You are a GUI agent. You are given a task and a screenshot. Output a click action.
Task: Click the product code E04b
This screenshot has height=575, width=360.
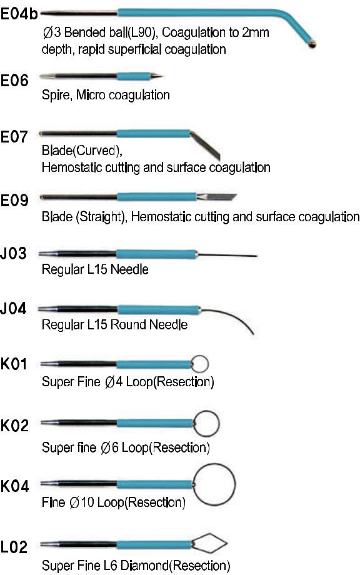(x=19, y=14)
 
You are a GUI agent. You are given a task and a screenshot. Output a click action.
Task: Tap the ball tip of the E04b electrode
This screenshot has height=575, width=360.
(x=312, y=44)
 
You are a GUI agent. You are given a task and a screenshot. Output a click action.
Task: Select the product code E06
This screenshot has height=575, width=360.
(x=14, y=80)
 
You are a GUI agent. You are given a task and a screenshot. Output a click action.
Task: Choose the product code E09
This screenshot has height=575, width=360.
(x=14, y=200)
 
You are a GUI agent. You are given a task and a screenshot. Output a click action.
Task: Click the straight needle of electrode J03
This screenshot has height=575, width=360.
(x=227, y=255)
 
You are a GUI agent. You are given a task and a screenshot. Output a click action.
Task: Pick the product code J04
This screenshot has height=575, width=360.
(x=14, y=308)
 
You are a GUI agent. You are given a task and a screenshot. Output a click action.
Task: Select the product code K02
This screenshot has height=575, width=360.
(x=14, y=426)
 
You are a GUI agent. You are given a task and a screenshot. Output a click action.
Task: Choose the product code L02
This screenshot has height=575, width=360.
(x=14, y=547)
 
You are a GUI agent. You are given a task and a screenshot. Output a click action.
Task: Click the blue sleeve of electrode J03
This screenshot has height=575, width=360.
(x=157, y=254)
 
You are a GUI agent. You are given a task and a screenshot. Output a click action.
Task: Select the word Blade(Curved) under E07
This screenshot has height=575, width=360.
(x=82, y=151)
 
